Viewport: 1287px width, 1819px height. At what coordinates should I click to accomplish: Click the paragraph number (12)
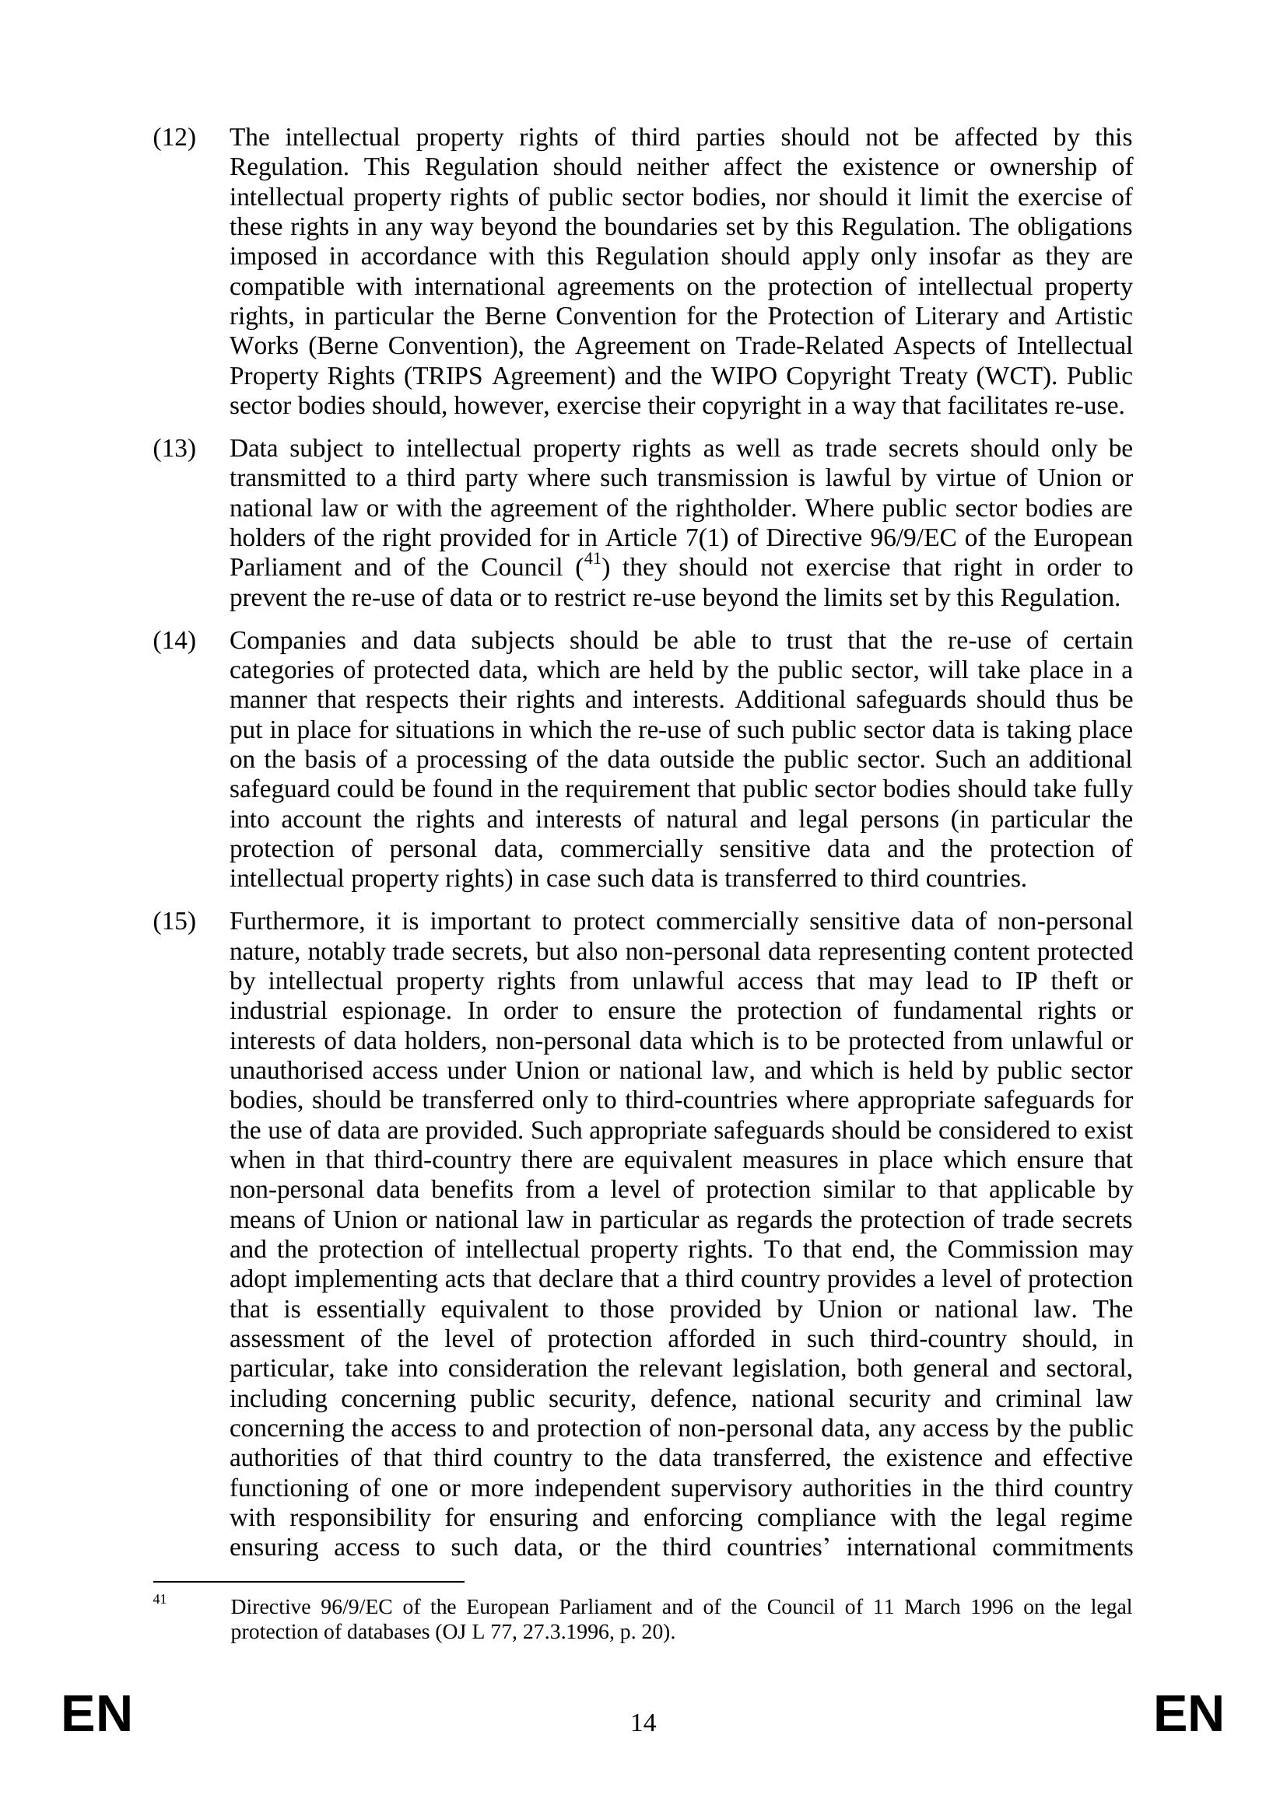pos(174,138)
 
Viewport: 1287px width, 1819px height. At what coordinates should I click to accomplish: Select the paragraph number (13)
pos(174,450)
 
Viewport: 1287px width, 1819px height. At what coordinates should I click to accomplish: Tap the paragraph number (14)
pos(174,641)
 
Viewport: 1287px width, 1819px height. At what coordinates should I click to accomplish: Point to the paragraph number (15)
pos(174,922)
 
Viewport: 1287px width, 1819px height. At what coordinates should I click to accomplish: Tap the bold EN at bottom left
pos(96,1716)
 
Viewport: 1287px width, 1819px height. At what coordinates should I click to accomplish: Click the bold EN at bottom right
pos(1189,1716)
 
